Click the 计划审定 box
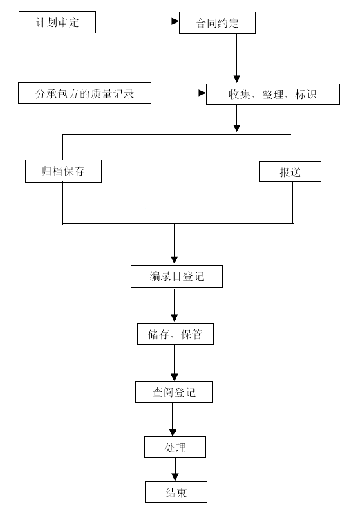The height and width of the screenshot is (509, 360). point(57,22)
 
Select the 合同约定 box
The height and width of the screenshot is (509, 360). point(217,23)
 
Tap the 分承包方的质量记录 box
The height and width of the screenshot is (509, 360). point(85,93)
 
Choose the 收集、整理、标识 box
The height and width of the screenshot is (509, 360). point(273,95)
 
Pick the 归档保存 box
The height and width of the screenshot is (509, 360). point(64,171)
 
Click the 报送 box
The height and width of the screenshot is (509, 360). point(290,172)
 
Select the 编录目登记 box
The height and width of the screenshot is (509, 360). point(177,276)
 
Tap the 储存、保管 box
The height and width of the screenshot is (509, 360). point(175,334)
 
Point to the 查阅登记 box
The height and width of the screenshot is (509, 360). point(174,392)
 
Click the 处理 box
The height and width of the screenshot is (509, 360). point(175,447)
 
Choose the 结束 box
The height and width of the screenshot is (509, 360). point(176,492)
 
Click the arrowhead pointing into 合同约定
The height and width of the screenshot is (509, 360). point(175,21)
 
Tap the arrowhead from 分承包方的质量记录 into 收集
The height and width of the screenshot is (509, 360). point(202,93)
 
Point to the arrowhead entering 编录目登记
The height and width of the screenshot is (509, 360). point(175,260)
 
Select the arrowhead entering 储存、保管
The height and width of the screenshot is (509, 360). point(175,318)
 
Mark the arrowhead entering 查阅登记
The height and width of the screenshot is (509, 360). point(175,377)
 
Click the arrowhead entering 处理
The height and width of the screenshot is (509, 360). point(173,433)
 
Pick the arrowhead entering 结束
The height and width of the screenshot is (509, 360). point(175,477)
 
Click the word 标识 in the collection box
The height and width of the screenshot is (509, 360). point(306,94)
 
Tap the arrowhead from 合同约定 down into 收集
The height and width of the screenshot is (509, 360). point(237,79)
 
